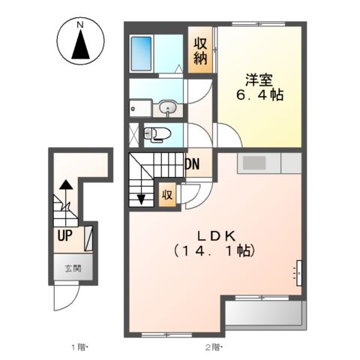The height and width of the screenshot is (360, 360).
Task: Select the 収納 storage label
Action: pyautogui.click(x=201, y=51)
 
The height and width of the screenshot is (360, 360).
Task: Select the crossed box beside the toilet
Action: pyautogui.click(x=135, y=135)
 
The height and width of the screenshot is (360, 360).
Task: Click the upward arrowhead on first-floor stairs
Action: pyautogui.click(x=67, y=183)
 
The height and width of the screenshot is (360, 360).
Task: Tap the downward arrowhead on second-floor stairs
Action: pyautogui.click(x=141, y=199)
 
